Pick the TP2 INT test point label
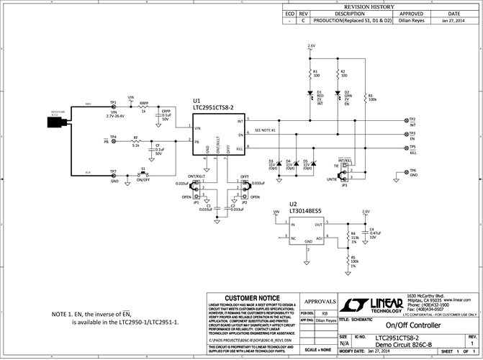[412, 122]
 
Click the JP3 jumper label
[344, 185]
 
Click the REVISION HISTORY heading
[379, 6]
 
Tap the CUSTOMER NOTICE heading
[253, 298]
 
